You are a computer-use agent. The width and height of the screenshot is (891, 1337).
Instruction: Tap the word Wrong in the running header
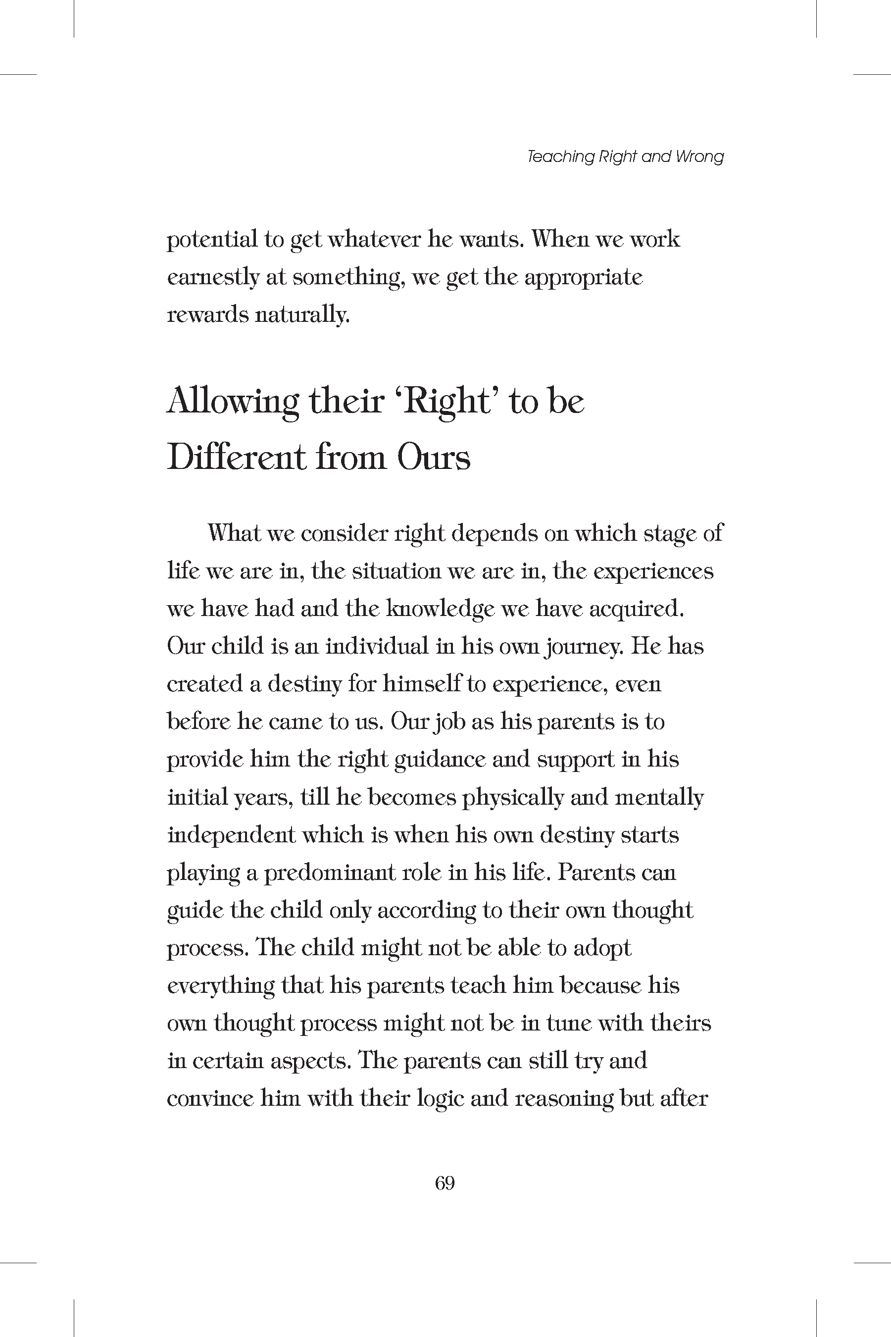(699, 157)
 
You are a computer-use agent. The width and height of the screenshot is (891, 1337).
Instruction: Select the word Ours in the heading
(434, 458)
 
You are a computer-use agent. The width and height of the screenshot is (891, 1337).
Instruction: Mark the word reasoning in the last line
(563, 1099)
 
